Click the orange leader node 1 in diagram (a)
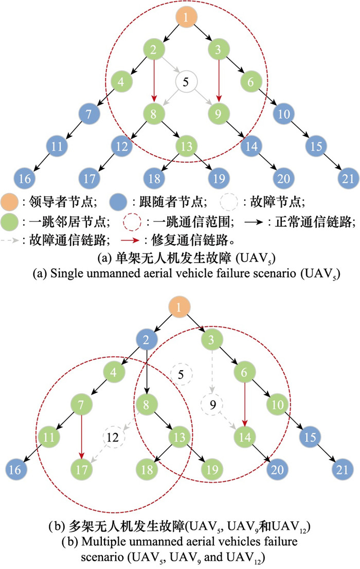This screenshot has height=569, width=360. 186,17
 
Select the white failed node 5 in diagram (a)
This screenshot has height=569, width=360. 186,82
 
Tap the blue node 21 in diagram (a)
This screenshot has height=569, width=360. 348,178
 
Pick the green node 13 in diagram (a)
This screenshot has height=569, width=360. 186,146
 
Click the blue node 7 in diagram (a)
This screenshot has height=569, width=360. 88,114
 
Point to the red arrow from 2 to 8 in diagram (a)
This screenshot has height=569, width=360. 154,81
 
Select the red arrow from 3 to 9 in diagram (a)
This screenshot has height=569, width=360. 219,81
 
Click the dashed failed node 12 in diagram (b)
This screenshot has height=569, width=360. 113,437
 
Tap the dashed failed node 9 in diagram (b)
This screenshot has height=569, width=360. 212,405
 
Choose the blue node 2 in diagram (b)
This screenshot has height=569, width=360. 146,340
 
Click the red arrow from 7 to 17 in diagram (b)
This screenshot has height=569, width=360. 81,437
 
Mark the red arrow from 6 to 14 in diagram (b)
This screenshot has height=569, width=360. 245,405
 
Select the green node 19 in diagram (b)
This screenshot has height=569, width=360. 212,470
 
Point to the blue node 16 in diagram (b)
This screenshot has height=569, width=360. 15,470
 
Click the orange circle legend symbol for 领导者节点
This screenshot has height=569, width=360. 9,202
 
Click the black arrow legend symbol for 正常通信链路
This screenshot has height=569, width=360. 254,222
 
